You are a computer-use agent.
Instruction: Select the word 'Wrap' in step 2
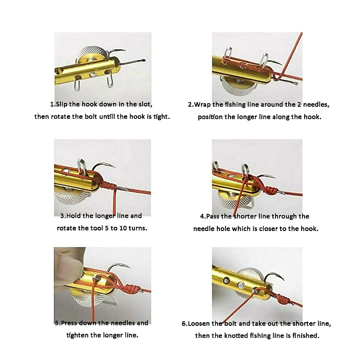coord(202,105)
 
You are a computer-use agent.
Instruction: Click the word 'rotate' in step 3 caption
coord(67,228)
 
